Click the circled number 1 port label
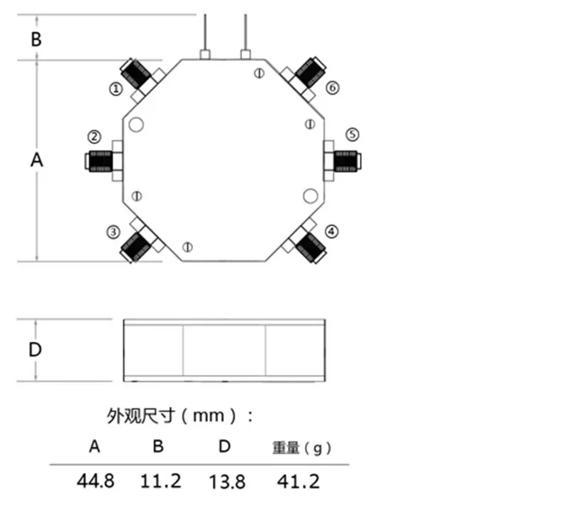tap(116, 89)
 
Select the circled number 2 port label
tap(94, 137)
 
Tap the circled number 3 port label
tap(113, 232)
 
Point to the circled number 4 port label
tap(331, 232)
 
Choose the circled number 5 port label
tap(352, 134)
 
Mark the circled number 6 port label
tap(332, 88)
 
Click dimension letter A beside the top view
tap(36, 160)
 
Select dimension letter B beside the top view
tap(36, 39)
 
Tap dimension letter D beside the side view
tap(35, 349)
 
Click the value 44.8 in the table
tap(95, 481)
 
